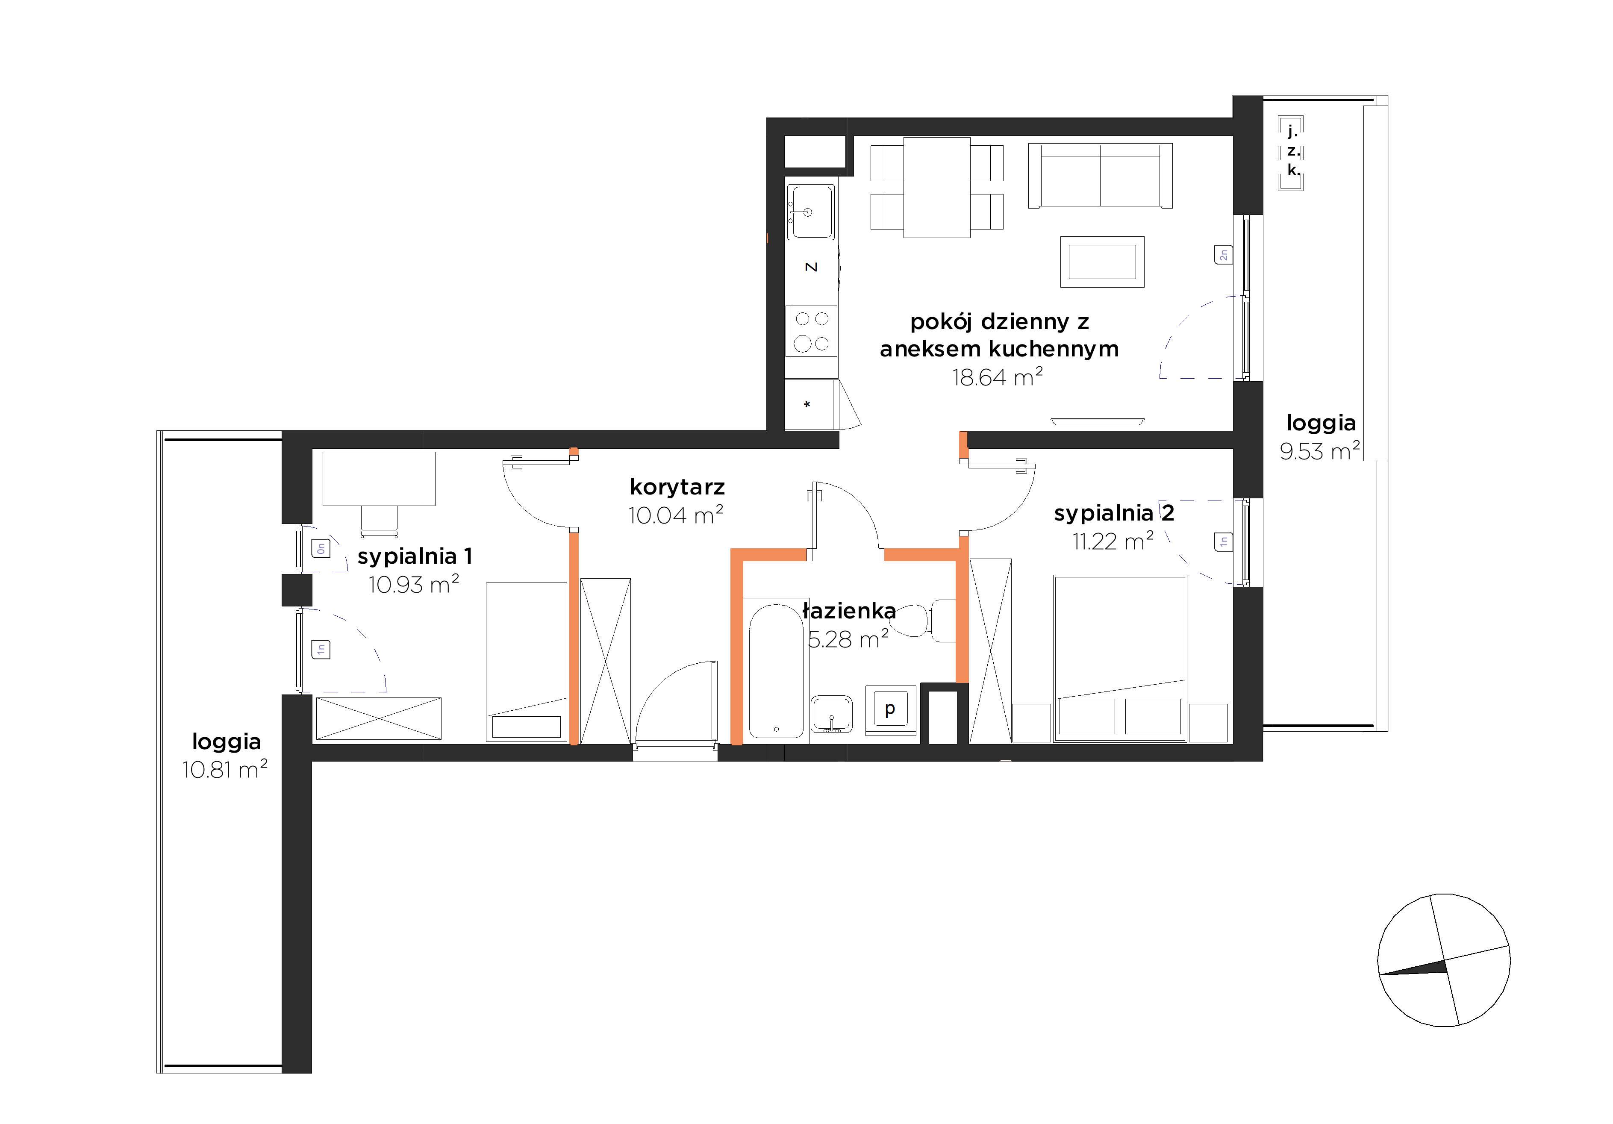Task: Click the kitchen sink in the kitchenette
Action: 811,212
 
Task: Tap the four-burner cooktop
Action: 812,331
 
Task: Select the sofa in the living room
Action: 1100,176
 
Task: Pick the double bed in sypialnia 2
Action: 1120,658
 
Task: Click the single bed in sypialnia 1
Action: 527,661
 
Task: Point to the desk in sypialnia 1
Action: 379,478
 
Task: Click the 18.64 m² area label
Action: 998,377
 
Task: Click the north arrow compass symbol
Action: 1444,960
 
